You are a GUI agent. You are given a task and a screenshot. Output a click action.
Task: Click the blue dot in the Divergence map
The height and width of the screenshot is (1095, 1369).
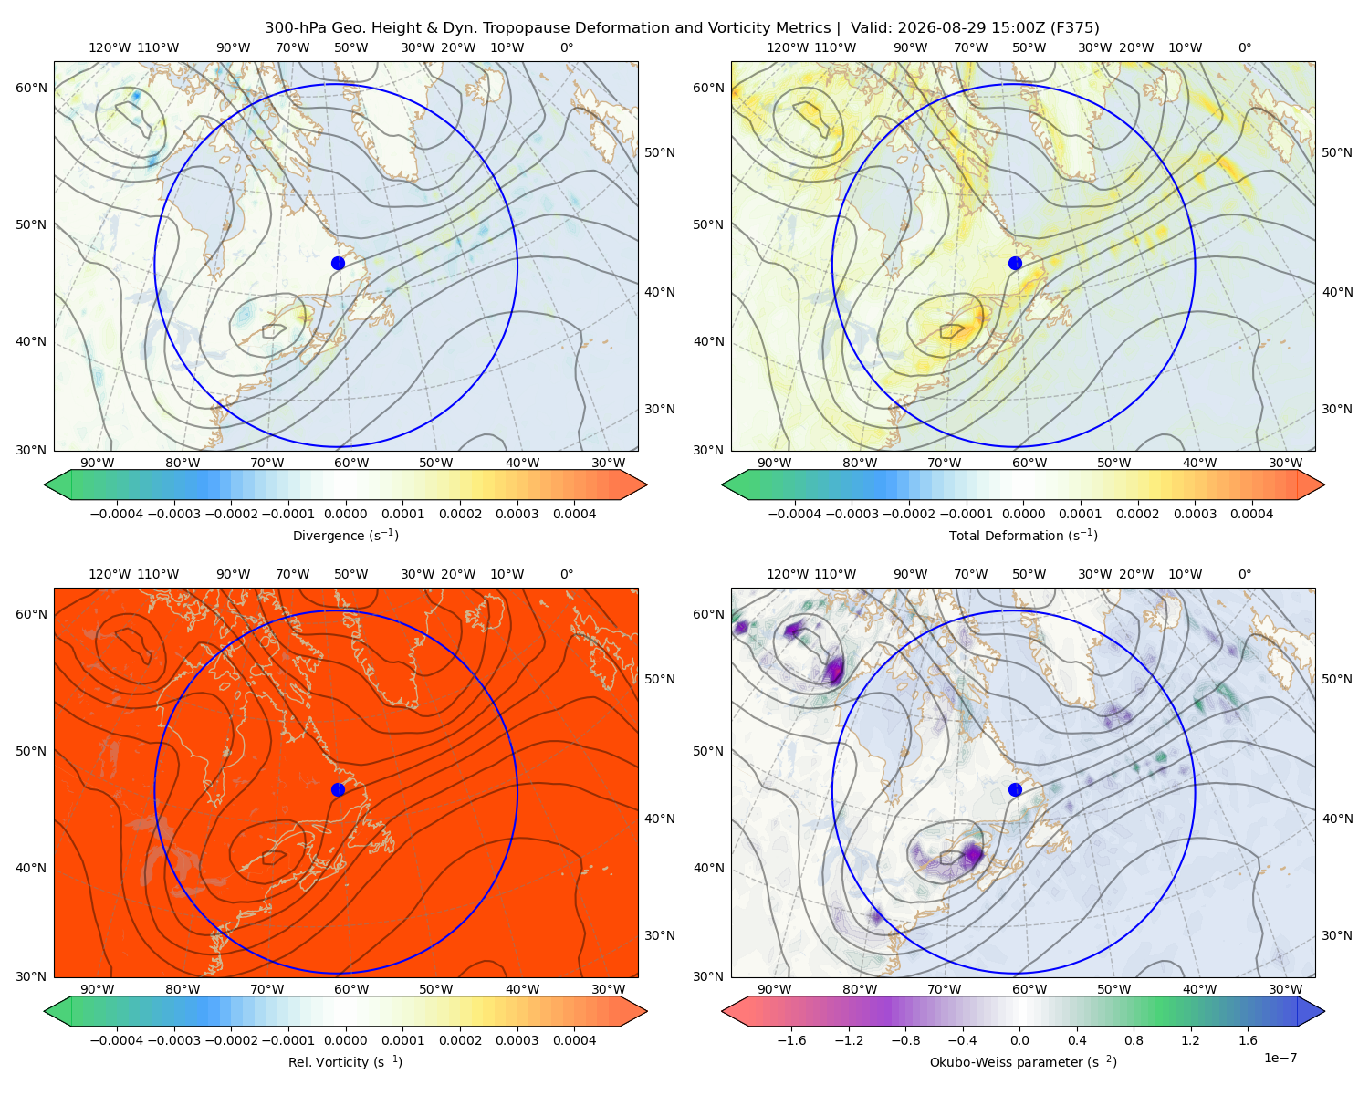tap(338, 264)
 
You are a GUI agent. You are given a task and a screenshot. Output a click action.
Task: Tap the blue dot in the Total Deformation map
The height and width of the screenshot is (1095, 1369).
tap(1015, 264)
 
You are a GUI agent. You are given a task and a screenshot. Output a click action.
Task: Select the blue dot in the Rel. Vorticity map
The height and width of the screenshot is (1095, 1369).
tap(338, 789)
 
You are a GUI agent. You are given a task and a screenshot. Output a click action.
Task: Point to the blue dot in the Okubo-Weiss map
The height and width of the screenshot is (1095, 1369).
tap(1015, 789)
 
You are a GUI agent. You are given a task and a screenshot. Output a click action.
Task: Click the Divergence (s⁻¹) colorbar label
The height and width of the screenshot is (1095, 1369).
tap(345, 536)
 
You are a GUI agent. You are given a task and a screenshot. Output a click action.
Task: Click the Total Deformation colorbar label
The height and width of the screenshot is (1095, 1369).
tap(1023, 536)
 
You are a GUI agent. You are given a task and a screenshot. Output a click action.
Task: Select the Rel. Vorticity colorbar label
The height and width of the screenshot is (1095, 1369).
tap(345, 1062)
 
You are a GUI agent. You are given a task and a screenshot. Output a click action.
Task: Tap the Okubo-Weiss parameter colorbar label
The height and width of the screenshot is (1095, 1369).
tap(1023, 1062)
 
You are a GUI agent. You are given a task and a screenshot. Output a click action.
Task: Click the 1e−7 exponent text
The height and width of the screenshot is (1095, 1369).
tap(1280, 1058)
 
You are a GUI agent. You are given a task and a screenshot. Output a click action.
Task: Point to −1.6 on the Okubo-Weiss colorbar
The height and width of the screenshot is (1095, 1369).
tap(791, 1040)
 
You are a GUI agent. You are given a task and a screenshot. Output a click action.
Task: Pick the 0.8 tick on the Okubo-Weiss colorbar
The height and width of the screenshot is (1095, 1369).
tap(1134, 1040)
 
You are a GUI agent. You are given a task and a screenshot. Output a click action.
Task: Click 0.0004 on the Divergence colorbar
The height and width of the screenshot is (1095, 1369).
tap(574, 514)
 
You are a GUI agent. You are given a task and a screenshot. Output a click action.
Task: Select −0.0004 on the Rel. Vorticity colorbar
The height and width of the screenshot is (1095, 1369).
tap(117, 1040)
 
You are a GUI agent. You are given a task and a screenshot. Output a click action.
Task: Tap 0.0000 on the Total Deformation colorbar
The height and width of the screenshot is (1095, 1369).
tap(1023, 514)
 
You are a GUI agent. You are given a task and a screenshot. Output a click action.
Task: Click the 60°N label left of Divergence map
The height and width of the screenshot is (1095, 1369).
tap(31, 88)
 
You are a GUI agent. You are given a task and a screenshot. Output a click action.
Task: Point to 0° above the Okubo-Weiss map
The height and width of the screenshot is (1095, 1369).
tap(1244, 574)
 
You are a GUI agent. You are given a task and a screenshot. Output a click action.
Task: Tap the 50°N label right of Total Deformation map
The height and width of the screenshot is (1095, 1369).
tap(1337, 152)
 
